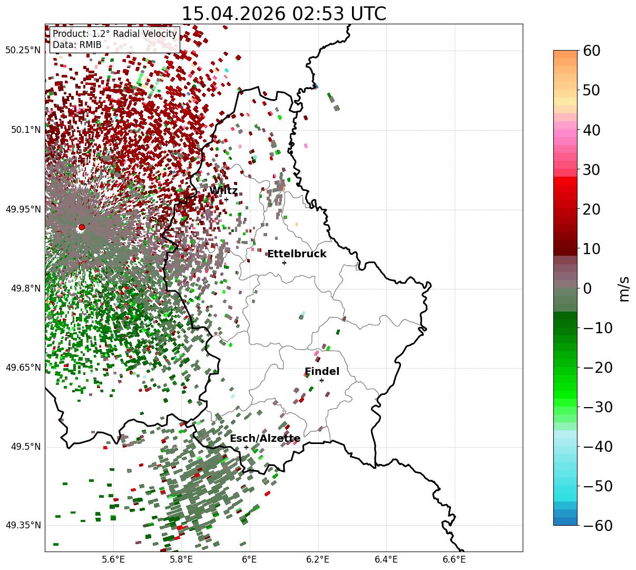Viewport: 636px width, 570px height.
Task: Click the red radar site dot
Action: tap(82, 227)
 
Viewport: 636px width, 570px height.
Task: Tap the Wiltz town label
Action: tap(223, 190)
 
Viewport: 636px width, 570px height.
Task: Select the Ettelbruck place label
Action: tap(297, 254)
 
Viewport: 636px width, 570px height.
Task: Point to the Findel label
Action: tap(322, 371)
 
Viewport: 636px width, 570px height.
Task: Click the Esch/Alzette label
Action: tap(265, 438)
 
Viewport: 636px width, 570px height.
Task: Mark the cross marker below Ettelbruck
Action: tap(284, 263)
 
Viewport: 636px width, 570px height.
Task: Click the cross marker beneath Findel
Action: tap(321, 381)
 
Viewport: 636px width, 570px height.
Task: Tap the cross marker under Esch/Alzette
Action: tap(246, 447)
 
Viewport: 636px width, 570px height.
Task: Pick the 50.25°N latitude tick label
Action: tap(23, 50)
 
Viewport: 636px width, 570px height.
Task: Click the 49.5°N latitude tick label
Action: tap(26, 447)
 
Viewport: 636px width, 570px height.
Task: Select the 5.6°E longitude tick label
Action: tap(113, 559)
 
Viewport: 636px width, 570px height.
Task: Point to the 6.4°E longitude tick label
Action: tap(386, 559)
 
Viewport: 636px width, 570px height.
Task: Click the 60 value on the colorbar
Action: tap(591, 51)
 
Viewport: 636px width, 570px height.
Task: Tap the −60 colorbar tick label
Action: tap(598, 525)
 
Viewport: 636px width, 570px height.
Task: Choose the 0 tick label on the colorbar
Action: tap(588, 288)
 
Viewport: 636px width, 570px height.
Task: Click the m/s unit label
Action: tap(624, 289)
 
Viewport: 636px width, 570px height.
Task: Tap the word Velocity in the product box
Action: tap(160, 34)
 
